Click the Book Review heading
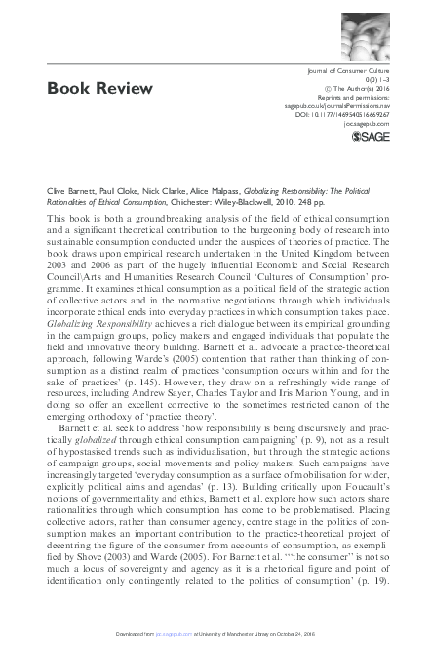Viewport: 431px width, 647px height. point(100,89)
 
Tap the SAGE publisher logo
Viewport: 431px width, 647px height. point(362,137)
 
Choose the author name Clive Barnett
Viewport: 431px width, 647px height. point(71,194)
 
